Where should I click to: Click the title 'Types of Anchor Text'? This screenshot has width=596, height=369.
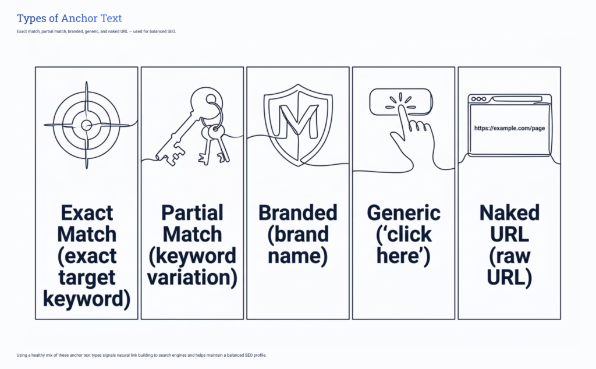(x=69, y=19)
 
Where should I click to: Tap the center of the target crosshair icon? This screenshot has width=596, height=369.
(x=86, y=125)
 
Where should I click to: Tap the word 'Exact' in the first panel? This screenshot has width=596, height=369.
(x=86, y=213)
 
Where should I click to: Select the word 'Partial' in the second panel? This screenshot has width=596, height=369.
(x=192, y=213)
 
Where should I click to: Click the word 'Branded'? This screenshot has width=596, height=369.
(x=297, y=213)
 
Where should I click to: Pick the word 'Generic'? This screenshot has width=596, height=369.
(x=403, y=213)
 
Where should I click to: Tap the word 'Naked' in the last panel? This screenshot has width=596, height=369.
(x=509, y=213)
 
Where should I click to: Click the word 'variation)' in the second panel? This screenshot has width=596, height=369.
(x=192, y=278)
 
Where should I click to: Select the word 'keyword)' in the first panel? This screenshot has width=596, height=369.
(x=86, y=299)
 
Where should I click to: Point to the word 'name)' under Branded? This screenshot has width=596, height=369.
(x=297, y=256)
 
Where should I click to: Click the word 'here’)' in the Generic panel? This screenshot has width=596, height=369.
(x=403, y=256)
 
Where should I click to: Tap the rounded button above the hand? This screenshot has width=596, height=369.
(x=401, y=101)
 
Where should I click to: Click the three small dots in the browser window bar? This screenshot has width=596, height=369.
(x=478, y=100)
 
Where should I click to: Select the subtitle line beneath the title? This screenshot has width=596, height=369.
(x=96, y=31)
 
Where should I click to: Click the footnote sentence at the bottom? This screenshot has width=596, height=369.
(x=141, y=354)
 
